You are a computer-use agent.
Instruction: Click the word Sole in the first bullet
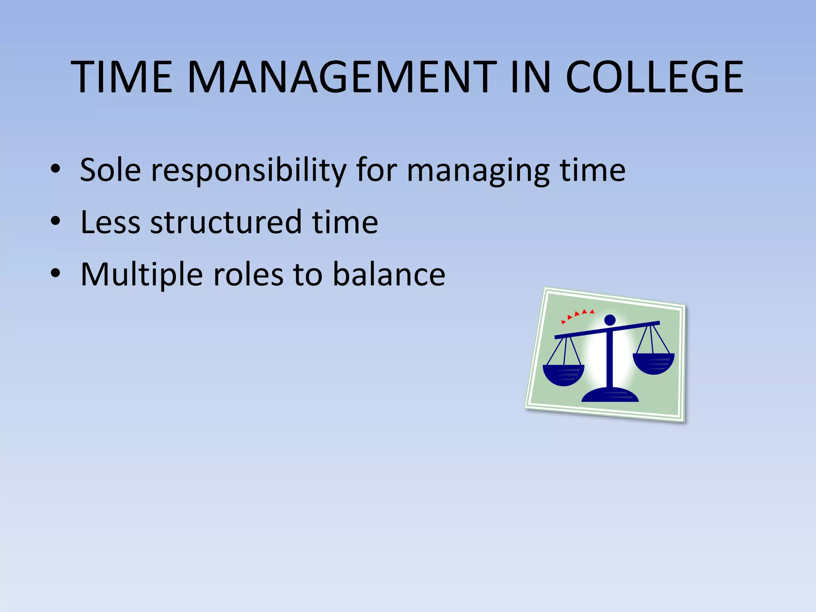(x=110, y=170)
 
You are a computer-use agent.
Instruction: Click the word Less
(x=110, y=222)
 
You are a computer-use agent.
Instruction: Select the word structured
(x=226, y=222)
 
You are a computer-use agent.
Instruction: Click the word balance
(x=389, y=275)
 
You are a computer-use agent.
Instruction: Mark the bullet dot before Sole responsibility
(x=55, y=169)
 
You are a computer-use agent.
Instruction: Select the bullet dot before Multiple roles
(x=55, y=273)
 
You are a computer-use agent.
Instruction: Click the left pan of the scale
(x=563, y=375)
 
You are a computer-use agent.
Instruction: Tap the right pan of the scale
(x=653, y=363)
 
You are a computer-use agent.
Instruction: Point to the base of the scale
(x=610, y=395)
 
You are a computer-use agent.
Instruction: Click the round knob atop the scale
(x=610, y=320)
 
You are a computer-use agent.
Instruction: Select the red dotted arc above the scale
(x=577, y=315)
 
